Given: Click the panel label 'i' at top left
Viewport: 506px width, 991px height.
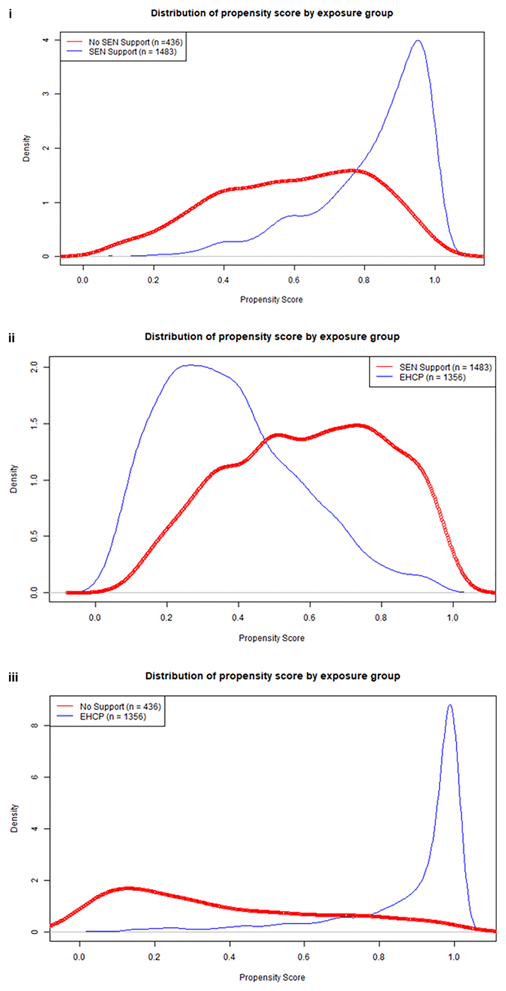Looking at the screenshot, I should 11,14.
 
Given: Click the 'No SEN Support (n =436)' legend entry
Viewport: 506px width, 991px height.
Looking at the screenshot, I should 135,42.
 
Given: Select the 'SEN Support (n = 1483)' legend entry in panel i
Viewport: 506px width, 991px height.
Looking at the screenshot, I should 133,52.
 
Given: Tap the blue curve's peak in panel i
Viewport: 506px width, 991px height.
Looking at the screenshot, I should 418,40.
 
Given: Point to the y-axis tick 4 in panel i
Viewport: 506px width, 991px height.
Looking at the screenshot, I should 46,39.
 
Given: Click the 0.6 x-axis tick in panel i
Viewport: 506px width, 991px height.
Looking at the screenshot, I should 293,280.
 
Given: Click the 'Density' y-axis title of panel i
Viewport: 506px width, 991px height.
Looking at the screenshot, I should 26,148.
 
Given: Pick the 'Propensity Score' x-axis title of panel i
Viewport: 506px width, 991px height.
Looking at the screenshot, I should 271,299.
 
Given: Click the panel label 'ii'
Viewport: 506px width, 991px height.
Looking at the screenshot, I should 12,338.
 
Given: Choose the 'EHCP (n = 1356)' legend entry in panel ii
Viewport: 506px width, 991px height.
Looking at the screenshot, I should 432,377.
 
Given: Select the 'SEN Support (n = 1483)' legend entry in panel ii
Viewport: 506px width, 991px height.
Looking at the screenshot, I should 445,367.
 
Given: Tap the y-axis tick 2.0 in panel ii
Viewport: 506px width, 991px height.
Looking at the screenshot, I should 34,367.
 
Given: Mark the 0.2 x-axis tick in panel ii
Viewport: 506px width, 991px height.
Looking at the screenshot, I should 166,617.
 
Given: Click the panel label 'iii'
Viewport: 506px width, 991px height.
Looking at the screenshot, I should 13,677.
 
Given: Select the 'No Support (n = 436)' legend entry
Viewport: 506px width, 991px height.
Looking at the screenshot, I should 120,706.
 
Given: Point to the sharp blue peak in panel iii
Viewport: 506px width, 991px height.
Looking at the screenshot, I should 449,705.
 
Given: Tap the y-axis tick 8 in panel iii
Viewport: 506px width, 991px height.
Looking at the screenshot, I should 34,725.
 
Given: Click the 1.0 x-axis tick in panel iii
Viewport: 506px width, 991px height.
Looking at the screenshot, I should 454,957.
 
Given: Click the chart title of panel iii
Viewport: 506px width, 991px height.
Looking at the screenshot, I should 272,676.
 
